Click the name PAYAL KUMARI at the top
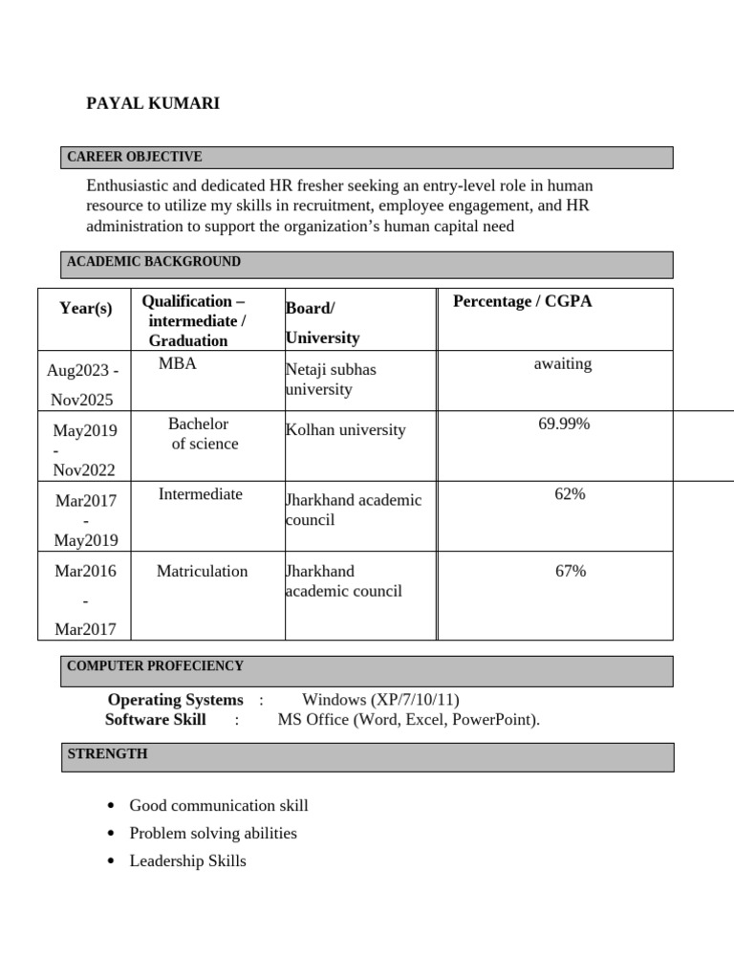[x=153, y=103]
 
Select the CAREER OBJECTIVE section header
[x=134, y=157]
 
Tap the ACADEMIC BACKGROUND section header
[x=153, y=262]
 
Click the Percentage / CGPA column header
[x=522, y=302]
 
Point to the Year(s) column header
[x=85, y=308]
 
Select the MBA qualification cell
[x=177, y=364]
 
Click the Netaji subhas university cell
[x=331, y=379]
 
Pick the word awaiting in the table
[x=562, y=364]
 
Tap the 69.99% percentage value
[x=564, y=424]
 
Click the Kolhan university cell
[x=345, y=430]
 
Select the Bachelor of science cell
[x=203, y=434]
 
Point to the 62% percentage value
[x=570, y=494]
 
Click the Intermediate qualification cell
[x=200, y=494]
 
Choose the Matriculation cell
[x=202, y=572]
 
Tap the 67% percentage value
[x=570, y=572]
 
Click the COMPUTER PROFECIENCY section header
[x=155, y=666]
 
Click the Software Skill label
[x=155, y=720]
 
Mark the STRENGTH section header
[x=107, y=754]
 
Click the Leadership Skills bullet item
[x=187, y=861]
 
